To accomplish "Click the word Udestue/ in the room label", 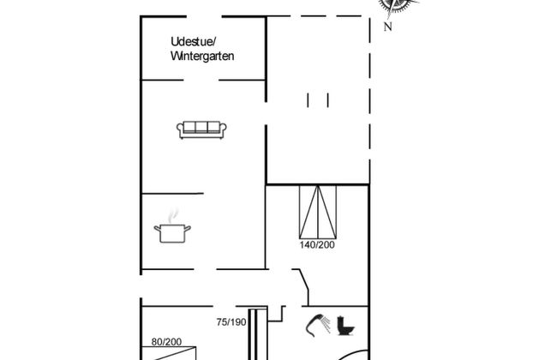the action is pyautogui.click(x=194, y=42).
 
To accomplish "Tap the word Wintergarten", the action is pyautogui.click(x=202, y=57).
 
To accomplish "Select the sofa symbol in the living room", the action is pyautogui.click(x=201, y=129).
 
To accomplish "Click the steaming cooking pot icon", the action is pyautogui.click(x=172, y=227).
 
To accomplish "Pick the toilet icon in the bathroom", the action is pyautogui.click(x=345, y=325).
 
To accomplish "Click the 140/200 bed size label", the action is pyautogui.click(x=317, y=245).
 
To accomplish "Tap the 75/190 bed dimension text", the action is pyautogui.click(x=231, y=322).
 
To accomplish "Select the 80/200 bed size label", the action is pyautogui.click(x=166, y=342).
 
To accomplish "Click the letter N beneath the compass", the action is pyautogui.click(x=388, y=27).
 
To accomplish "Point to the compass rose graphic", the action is pyautogui.click(x=396, y=6).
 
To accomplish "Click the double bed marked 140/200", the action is pyautogui.click(x=318, y=212).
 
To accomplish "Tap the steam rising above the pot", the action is pyautogui.click(x=172, y=216).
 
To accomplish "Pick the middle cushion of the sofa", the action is pyautogui.click(x=201, y=127).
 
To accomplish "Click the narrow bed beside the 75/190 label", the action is pyautogui.click(x=257, y=334).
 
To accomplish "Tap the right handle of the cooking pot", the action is pyautogui.click(x=188, y=228).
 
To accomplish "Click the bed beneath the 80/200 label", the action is pyautogui.click(x=169, y=354).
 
